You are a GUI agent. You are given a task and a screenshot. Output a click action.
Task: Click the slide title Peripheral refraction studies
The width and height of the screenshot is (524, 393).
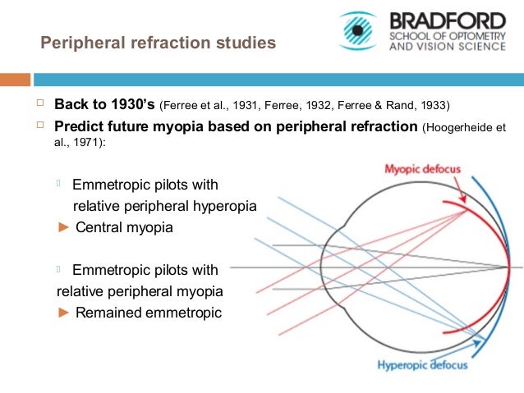coord(159,42)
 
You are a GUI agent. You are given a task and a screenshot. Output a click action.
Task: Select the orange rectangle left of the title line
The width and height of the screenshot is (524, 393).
coord(15,80)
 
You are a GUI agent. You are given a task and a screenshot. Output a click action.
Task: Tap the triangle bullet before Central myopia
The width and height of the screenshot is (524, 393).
coord(63,227)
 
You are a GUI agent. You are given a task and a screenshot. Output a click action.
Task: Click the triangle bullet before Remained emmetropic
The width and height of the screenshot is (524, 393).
coord(63,312)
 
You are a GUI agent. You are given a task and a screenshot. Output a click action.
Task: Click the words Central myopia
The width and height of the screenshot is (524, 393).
coord(124,227)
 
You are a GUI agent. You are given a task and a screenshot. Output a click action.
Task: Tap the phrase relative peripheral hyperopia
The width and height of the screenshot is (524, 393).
coord(165,206)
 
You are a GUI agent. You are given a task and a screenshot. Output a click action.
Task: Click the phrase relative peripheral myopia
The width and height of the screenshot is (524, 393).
coord(140,290)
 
